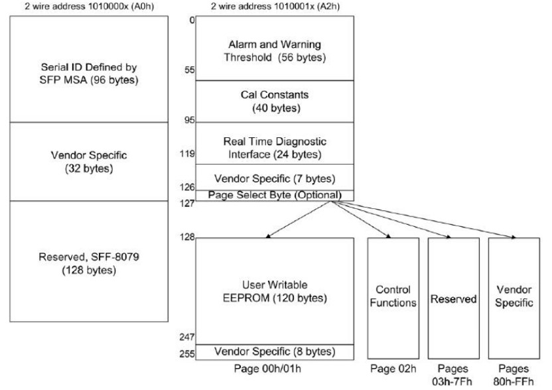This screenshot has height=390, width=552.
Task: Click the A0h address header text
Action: (x=89, y=6)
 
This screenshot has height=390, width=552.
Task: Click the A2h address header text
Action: (x=275, y=6)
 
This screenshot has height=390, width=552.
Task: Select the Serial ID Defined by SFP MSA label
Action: (x=89, y=74)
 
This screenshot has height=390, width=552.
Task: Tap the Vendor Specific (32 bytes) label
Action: (x=89, y=162)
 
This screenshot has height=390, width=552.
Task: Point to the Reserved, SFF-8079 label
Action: (x=89, y=263)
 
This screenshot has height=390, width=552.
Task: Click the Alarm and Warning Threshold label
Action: (x=275, y=50)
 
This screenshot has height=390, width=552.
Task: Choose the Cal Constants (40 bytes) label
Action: (x=275, y=101)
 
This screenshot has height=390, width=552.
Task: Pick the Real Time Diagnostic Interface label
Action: (x=275, y=148)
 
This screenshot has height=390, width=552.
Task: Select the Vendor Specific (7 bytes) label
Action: (x=275, y=178)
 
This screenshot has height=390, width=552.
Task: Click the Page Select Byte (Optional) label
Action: (x=275, y=195)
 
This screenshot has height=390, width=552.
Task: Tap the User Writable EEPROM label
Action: (x=275, y=291)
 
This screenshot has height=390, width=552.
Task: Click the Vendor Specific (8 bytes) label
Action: (x=275, y=352)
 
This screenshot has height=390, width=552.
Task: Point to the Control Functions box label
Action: (x=393, y=296)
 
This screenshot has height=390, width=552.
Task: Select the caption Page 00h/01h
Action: (x=267, y=369)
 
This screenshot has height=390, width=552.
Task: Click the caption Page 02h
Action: (x=393, y=369)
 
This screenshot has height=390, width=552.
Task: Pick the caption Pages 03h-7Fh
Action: (x=452, y=375)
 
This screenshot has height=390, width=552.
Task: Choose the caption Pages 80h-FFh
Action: (x=514, y=375)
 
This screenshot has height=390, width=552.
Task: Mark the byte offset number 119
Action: (x=187, y=153)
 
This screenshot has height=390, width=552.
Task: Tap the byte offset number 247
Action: (x=187, y=337)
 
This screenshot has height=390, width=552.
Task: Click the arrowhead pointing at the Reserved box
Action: (x=448, y=237)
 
